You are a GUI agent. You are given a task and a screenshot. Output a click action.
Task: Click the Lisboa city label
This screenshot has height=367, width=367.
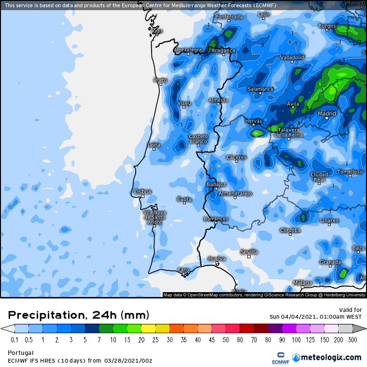coord(143,192)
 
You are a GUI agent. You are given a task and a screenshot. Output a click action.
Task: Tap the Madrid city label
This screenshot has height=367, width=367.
coord(327,113)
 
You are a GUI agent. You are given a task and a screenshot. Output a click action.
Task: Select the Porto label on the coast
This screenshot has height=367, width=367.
coord(160,80)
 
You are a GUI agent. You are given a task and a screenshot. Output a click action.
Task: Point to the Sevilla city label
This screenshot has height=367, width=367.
coord(249,252)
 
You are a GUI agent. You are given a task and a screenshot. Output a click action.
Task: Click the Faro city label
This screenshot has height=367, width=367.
coord(183,269)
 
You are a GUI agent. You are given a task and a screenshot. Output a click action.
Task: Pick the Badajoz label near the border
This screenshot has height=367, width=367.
coord(216,184)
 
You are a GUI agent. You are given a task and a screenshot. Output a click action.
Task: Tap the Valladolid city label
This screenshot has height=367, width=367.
coord(292,57)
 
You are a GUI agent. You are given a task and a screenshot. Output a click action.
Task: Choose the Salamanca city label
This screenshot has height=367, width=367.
coord(260,89)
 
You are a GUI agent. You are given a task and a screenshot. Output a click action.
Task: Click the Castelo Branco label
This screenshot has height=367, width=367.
coord(198,139)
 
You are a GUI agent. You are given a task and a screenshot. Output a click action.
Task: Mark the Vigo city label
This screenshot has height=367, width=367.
coord(157,30)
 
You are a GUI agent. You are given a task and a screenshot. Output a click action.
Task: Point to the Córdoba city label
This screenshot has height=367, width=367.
coord(290,230)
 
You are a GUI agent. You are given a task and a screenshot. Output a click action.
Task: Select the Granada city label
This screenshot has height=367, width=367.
coord(330,262)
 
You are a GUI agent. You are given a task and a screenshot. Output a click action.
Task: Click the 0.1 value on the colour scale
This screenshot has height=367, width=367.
coord(14,340)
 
